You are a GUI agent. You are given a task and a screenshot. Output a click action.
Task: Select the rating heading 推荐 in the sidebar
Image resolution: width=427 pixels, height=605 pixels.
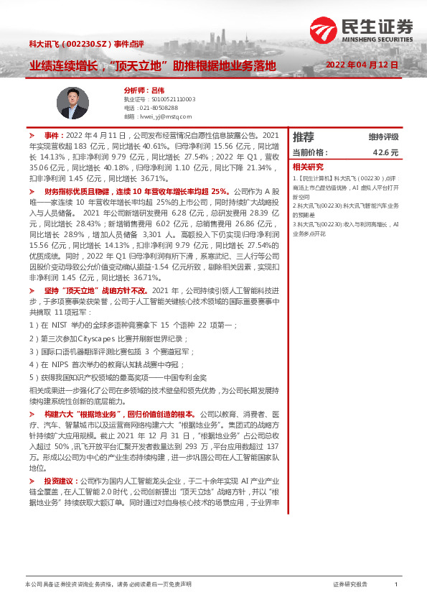(x=304, y=137)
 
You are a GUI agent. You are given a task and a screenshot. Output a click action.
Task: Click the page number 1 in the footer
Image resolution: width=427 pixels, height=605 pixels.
(x=396, y=584)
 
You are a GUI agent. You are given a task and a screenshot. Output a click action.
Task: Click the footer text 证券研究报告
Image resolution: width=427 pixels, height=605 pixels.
(x=350, y=584)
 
